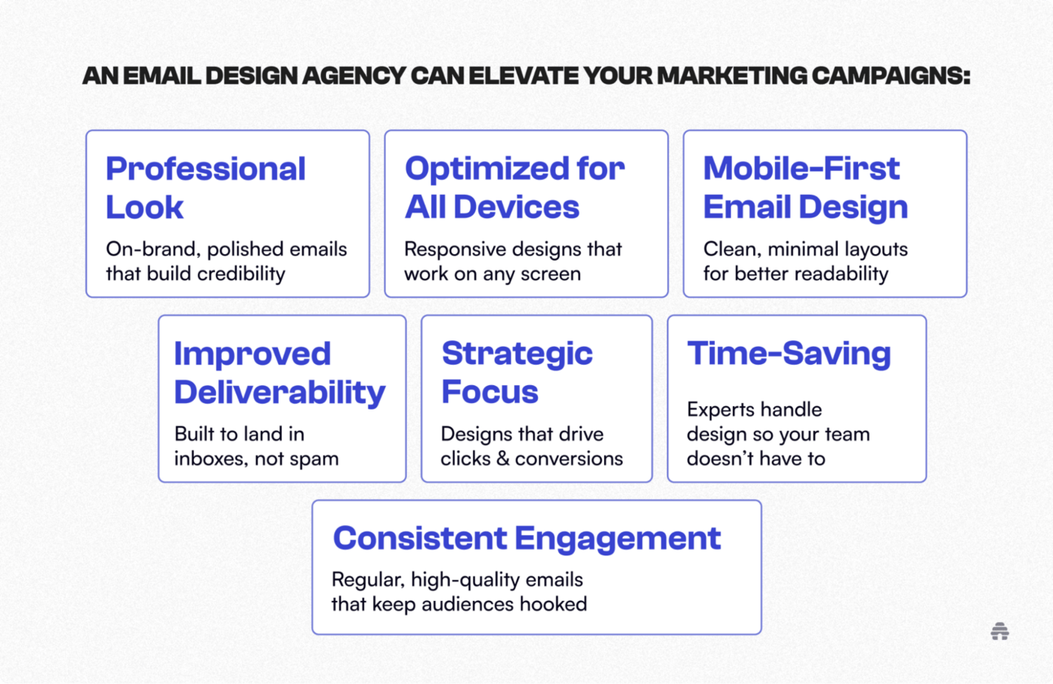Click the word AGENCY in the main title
tap(354, 76)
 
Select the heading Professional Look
tap(205, 187)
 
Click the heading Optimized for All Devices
tap(515, 187)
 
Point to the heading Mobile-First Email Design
tap(805, 187)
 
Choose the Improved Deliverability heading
tap(280, 373)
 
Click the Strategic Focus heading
tap(517, 373)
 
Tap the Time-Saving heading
tap(789, 353)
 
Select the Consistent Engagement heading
tap(526, 538)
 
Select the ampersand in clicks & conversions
tap(503, 458)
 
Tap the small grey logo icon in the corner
tap(1000, 631)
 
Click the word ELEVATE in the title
tap(523, 76)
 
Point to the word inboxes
tap(210, 458)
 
